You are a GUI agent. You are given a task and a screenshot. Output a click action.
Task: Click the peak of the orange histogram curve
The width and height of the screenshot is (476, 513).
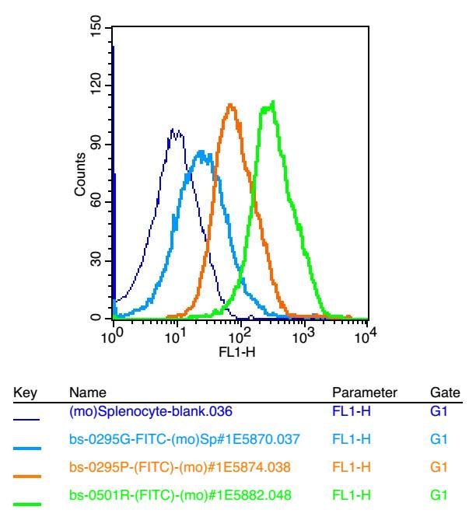(x=230, y=105)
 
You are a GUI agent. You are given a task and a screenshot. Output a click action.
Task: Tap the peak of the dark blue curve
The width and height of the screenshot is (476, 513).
(x=173, y=132)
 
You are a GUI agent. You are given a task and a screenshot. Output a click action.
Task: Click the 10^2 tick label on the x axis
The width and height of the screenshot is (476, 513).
(x=240, y=335)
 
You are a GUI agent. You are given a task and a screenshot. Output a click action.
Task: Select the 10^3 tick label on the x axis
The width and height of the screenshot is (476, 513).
(x=303, y=335)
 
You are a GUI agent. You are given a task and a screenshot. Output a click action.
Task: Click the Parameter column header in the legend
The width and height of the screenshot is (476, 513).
(x=365, y=394)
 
